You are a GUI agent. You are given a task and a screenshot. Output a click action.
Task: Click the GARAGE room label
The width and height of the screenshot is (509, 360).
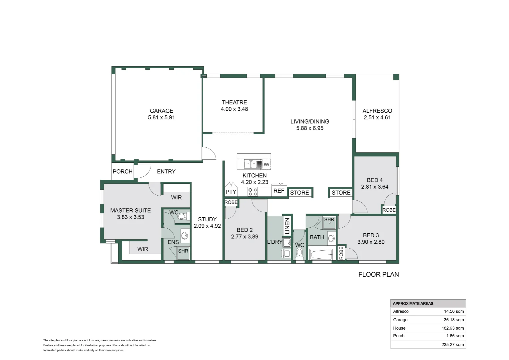pos(161,111)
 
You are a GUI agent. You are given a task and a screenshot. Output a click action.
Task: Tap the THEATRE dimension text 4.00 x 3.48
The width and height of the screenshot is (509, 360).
pos(234,109)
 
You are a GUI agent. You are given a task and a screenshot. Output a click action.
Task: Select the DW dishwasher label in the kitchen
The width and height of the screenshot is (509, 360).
pos(265,164)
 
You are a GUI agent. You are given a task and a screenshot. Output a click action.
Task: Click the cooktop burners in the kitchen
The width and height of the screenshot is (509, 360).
pos(253,191)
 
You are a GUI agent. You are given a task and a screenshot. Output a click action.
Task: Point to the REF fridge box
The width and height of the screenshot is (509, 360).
pos(279,191)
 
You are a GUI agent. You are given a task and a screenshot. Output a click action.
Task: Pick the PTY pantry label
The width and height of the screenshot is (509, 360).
pos(231,192)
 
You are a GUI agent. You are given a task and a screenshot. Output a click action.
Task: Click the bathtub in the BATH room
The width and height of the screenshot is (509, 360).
pos(321,254)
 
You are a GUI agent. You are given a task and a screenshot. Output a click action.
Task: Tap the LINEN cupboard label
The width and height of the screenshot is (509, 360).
pos(287,226)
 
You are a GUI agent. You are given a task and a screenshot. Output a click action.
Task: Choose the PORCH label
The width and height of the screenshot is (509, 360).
pos(123,171)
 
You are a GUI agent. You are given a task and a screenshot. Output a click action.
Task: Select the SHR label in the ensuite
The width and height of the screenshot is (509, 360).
pos(183,251)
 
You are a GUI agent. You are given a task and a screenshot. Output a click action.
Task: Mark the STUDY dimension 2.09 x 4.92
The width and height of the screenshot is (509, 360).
pos(207,226)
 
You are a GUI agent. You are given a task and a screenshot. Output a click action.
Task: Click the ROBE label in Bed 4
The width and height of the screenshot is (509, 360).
pos(389,210)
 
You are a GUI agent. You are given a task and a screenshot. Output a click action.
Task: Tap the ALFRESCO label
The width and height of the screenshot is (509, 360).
pos(377,111)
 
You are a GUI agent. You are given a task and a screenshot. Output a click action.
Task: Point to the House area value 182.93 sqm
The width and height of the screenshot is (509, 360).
pos(453,328)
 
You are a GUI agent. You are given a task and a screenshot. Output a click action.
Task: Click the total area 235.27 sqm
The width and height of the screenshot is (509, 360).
pos(453,345)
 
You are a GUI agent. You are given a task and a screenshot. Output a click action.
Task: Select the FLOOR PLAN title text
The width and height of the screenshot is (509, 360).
pos(378,274)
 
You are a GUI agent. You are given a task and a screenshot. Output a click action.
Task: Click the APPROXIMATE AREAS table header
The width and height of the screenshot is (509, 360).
pos(413,303)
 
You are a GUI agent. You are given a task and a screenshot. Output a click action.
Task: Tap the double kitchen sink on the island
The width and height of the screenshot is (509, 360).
pos(251,164)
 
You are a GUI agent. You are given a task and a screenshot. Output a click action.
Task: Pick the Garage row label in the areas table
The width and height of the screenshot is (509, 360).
pos(400,320)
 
